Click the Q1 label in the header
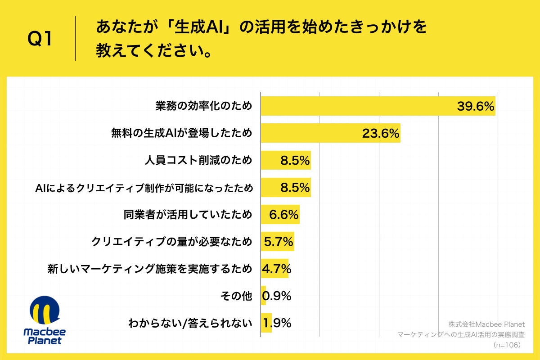click(x=40, y=40)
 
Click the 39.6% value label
click(x=476, y=107)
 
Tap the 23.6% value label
click(x=381, y=134)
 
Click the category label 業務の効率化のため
click(x=203, y=107)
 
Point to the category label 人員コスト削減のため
click(x=198, y=161)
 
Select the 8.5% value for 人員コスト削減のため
click(x=295, y=161)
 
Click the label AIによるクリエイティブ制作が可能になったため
click(x=144, y=188)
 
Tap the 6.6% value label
click(x=283, y=215)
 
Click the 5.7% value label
click(x=279, y=242)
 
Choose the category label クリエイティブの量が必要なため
click(x=171, y=242)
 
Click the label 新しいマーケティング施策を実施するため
click(x=150, y=269)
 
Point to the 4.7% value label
click(x=276, y=269)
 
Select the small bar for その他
click(x=264, y=296)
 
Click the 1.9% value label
click(x=277, y=323)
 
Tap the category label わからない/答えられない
click(x=190, y=323)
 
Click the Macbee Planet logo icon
click(x=44, y=310)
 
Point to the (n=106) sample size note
click(x=506, y=345)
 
